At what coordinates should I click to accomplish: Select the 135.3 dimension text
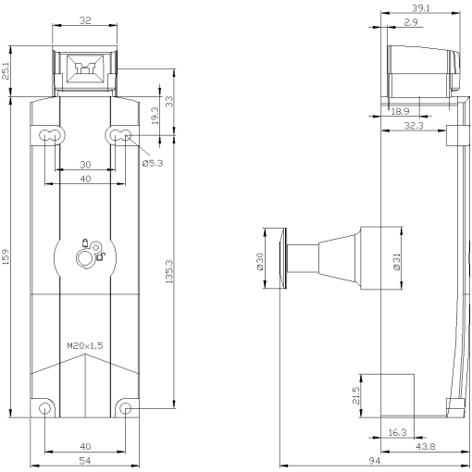click(x=168, y=271)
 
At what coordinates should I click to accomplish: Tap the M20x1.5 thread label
click(x=85, y=346)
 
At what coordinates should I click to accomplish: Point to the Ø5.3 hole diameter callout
click(x=153, y=165)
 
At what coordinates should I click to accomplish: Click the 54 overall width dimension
click(x=84, y=460)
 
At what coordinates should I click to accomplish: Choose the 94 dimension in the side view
click(x=374, y=460)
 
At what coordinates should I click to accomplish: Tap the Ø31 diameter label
click(x=396, y=262)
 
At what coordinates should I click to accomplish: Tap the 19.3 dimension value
click(x=155, y=116)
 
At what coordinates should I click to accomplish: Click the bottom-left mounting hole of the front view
click(x=43, y=408)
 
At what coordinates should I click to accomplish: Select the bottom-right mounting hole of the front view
click(x=126, y=408)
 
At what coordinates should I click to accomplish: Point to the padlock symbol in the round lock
click(x=85, y=245)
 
